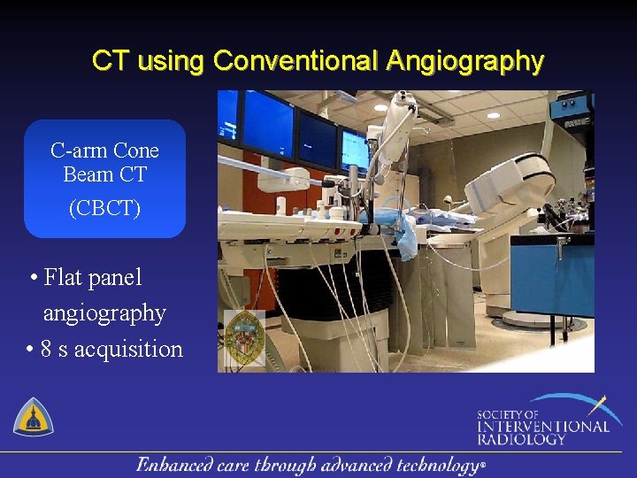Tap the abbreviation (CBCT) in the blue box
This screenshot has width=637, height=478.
point(104,209)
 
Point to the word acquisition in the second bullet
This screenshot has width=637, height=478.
point(128,349)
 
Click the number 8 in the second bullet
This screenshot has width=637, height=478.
point(46,349)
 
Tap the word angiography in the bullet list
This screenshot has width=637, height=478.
point(104,313)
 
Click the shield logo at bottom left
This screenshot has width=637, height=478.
point(33,416)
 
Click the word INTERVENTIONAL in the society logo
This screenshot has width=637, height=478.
point(543,427)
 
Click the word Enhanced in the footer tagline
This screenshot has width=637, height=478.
point(175,465)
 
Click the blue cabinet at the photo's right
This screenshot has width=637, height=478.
point(553,274)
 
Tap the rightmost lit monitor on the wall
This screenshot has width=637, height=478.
point(355,150)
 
